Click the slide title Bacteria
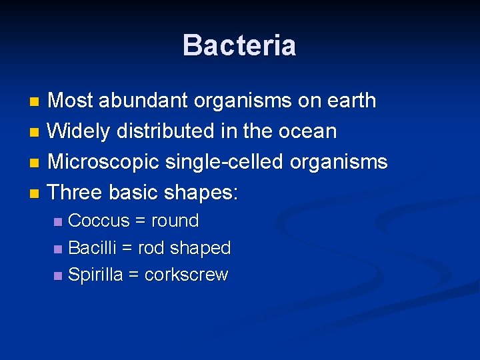click(x=239, y=45)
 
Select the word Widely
click(x=80, y=131)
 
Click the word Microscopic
click(x=103, y=162)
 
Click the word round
click(x=175, y=221)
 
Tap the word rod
click(x=151, y=248)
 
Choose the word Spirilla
click(x=96, y=275)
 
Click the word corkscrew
click(x=187, y=275)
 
